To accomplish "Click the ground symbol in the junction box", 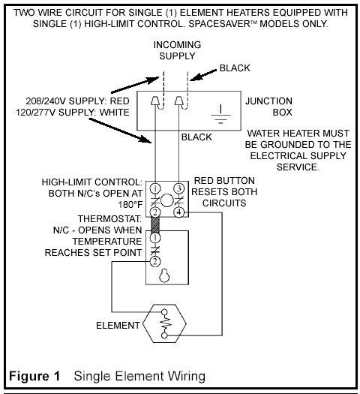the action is pos(220,114).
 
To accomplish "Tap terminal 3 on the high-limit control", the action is pos(179,188).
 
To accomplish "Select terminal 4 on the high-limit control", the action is pos(178,212).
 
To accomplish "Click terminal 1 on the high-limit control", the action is pos(155,188).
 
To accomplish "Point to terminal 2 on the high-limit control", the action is pos(155,212).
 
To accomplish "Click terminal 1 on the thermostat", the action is pos(155,238).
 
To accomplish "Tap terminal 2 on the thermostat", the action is pos(155,262).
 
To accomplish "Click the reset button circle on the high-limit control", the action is pos(167,200).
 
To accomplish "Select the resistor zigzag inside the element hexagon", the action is pos(166,324).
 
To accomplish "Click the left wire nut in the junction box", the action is pos(154,101).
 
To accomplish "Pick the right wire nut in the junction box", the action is pos(178,101).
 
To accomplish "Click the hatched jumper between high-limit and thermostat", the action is pos(155,225).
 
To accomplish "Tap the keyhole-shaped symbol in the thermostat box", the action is pos(164,275).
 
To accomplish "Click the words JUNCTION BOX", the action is pos(268,107).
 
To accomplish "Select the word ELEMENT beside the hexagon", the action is pos(118,326).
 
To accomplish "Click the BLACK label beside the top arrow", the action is pos(235,68).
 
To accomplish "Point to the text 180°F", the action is pos(130,205).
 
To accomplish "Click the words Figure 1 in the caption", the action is pos(34,376).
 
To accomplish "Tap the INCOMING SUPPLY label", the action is pos(177,50).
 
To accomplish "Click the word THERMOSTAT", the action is pos(109,219).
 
